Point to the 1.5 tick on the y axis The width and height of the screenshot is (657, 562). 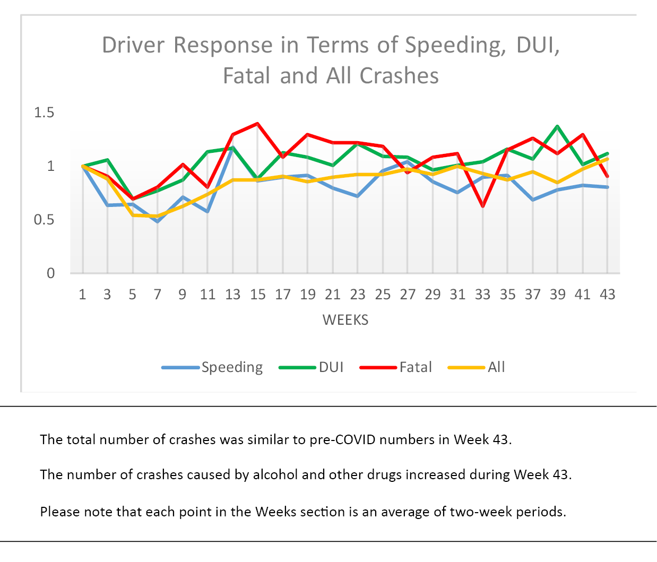pyautogui.click(x=44, y=113)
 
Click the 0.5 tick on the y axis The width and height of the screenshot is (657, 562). pyautogui.click(x=44, y=220)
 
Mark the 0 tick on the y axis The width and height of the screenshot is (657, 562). pyautogui.click(x=51, y=273)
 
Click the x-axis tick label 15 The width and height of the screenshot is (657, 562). pyautogui.click(x=258, y=295)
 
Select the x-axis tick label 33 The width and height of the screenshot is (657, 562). pyautogui.click(x=482, y=295)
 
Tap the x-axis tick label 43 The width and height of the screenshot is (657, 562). pyautogui.click(x=608, y=295)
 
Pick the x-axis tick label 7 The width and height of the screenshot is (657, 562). pyautogui.click(x=158, y=295)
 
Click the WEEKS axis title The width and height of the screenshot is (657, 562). pyautogui.click(x=345, y=320)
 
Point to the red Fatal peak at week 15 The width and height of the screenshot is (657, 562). pyautogui.click(x=257, y=124)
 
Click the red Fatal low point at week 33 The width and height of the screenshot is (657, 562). pyautogui.click(x=483, y=206)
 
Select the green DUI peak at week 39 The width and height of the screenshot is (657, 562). pyautogui.click(x=557, y=126)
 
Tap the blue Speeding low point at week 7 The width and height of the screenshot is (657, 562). pyautogui.click(x=158, y=221)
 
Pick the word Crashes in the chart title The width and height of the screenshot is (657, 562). pyautogui.click(x=399, y=76)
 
